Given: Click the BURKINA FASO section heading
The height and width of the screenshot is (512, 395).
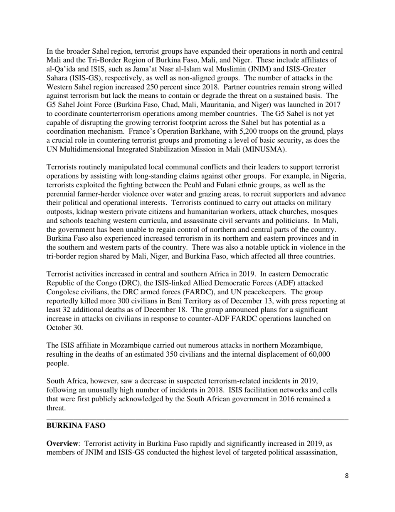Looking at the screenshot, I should pyautogui.click(x=76, y=426).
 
